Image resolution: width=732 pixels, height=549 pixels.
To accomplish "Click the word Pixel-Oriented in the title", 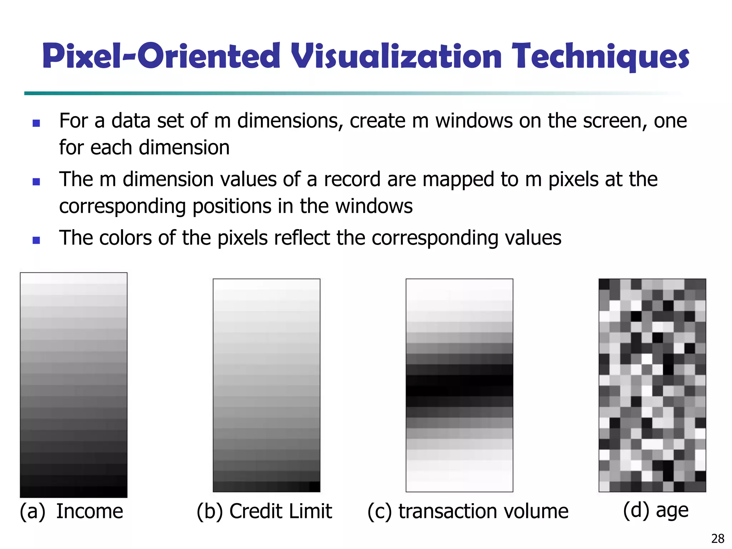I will tap(161, 56).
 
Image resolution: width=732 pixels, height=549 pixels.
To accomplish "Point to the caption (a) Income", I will tap(71, 511).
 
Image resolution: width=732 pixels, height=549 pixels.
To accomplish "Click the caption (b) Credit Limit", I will tap(264, 511).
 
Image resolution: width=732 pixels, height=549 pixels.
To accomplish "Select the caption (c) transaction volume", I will tap(468, 511).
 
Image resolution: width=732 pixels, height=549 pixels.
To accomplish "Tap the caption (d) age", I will tap(656, 510).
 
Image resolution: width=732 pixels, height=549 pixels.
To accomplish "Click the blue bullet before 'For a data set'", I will tap(36, 123).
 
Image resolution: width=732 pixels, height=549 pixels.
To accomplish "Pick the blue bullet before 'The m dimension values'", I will tap(36, 182).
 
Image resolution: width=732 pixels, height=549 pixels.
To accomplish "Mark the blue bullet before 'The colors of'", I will tap(36, 240).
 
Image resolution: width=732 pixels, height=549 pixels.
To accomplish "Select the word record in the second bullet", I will tap(352, 179).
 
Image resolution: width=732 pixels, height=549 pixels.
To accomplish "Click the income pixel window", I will tap(74, 385).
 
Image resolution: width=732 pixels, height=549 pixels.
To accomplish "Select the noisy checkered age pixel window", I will tap(652, 385).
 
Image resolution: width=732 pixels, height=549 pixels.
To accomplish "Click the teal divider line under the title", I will tap(250, 93).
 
